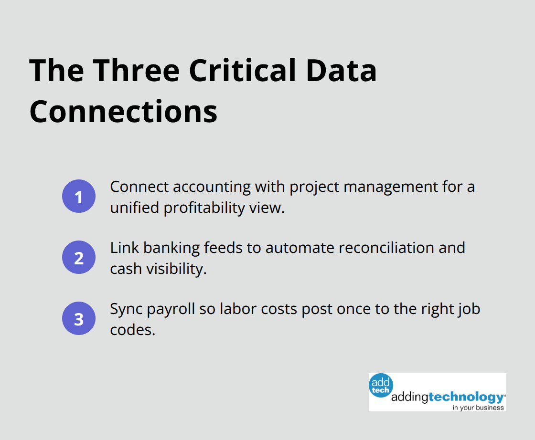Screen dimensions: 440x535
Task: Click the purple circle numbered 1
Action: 79,196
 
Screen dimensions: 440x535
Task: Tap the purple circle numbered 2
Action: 79,257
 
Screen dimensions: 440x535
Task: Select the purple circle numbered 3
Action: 79,318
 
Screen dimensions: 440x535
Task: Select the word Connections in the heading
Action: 123,112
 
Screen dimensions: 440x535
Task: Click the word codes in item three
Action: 132,330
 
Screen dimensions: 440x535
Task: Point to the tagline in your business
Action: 478,407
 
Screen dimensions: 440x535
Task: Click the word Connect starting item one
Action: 139,187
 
